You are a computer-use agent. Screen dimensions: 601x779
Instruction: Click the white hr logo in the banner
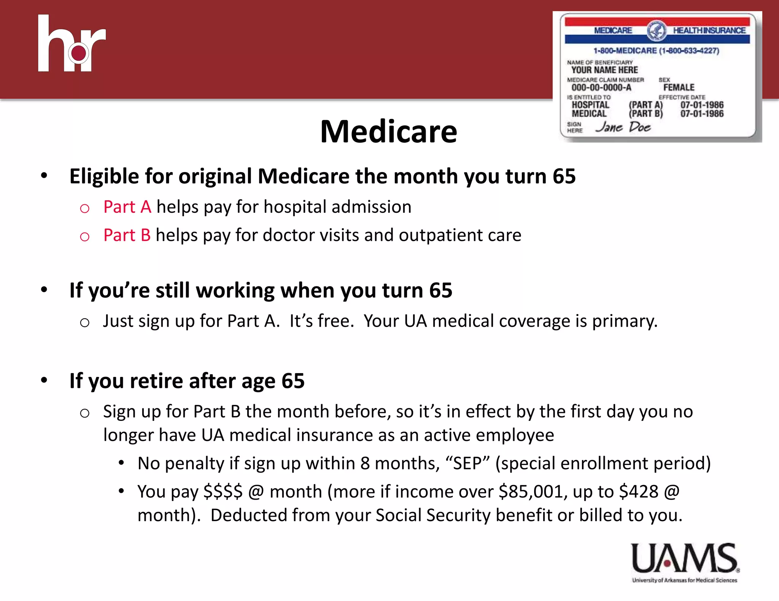pos(72,44)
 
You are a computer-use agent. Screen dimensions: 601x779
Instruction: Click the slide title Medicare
pos(388,131)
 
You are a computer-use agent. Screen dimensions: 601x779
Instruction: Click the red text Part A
pos(127,207)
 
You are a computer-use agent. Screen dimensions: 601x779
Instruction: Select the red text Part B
pos(127,235)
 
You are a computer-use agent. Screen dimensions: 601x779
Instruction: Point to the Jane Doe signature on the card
pos(623,127)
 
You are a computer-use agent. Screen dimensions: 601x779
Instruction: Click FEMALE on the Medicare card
pos(679,87)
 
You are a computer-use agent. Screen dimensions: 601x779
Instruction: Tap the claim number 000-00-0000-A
pos(601,87)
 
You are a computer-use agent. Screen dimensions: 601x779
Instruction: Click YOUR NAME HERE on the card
pos(604,70)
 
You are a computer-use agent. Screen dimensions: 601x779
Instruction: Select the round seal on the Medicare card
pos(656,31)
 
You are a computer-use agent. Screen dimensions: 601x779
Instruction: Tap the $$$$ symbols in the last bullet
pos(223,492)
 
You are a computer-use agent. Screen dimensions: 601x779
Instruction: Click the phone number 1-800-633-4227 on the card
pos(689,51)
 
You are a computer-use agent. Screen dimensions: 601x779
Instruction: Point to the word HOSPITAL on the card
pos(590,105)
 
